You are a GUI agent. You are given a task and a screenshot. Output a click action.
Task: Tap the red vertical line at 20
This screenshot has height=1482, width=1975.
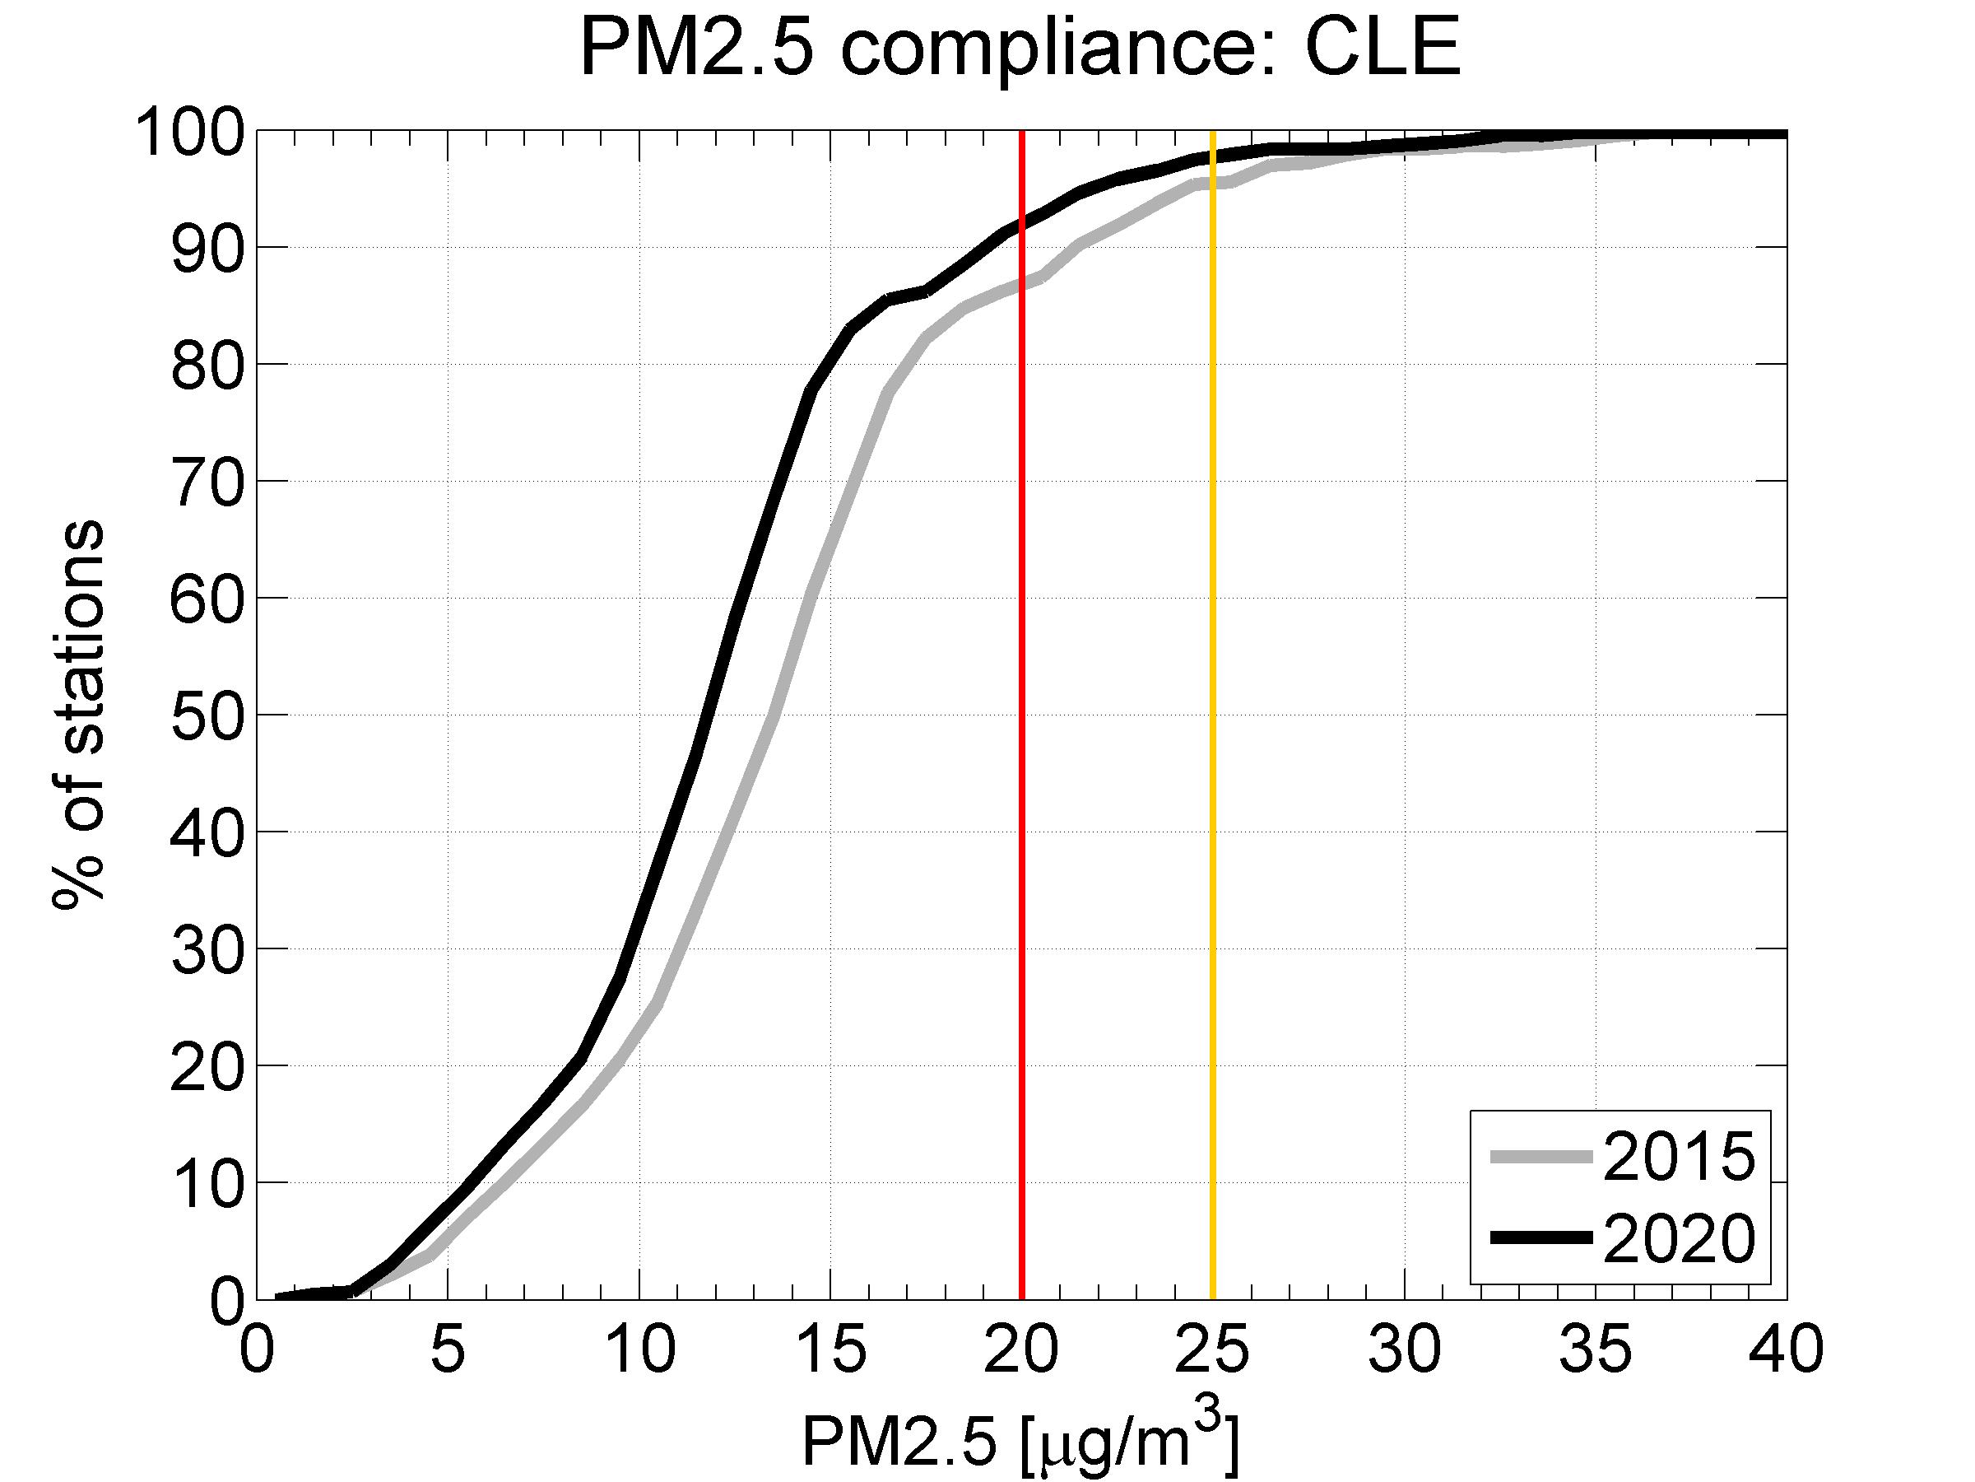point(1021,715)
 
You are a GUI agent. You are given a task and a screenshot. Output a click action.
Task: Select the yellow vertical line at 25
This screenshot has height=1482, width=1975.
point(1212,715)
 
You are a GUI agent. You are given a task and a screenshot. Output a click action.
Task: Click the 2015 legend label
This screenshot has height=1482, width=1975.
point(1679,1158)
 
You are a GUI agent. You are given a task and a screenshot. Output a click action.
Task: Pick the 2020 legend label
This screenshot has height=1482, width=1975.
point(1679,1239)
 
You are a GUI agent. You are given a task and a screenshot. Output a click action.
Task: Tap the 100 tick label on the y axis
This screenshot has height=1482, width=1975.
point(189,133)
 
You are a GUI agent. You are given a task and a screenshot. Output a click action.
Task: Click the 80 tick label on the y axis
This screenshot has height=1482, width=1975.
point(207,366)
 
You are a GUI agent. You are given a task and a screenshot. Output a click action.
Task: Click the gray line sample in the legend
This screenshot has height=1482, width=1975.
point(1541,1157)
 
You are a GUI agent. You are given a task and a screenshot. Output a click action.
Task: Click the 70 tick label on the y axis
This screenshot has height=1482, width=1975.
point(207,482)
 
